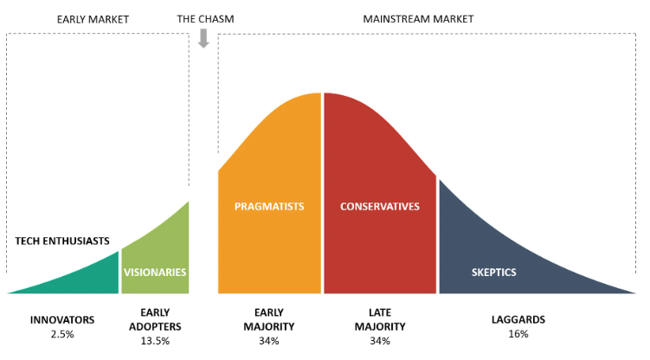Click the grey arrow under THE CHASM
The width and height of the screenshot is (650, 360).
pyautogui.click(x=204, y=38)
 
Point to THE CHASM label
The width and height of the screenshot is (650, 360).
pyautogui.click(x=205, y=18)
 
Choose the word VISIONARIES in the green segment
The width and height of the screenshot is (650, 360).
pyautogui.click(x=155, y=272)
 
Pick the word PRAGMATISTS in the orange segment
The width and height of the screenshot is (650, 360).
pyautogui.click(x=269, y=207)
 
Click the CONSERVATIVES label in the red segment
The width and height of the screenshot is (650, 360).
pyautogui.click(x=379, y=207)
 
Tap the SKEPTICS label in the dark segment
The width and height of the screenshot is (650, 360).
pyautogui.click(x=495, y=273)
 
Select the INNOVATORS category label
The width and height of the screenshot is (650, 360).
pyautogui.click(x=62, y=320)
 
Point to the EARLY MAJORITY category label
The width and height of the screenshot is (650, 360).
pyautogui.click(x=268, y=319)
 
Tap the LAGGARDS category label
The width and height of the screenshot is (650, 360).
pyautogui.click(x=518, y=320)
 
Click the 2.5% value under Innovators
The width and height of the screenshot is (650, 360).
pyautogui.click(x=62, y=334)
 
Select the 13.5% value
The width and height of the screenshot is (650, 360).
pyautogui.click(x=155, y=341)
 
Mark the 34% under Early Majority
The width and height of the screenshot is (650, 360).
pyautogui.click(x=268, y=341)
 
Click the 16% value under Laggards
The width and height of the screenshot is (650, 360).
pyautogui.click(x=518, y=334)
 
